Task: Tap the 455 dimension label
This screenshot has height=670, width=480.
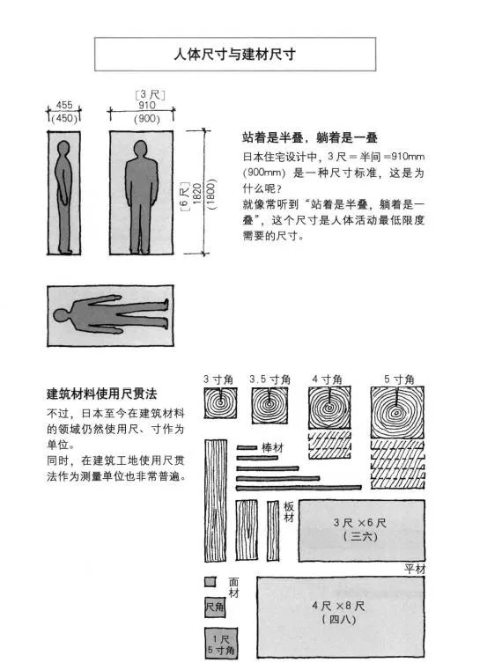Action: coord(63,105)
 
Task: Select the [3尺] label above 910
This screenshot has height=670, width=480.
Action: coord(145,93)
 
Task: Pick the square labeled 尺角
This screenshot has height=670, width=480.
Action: coord(214,607)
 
